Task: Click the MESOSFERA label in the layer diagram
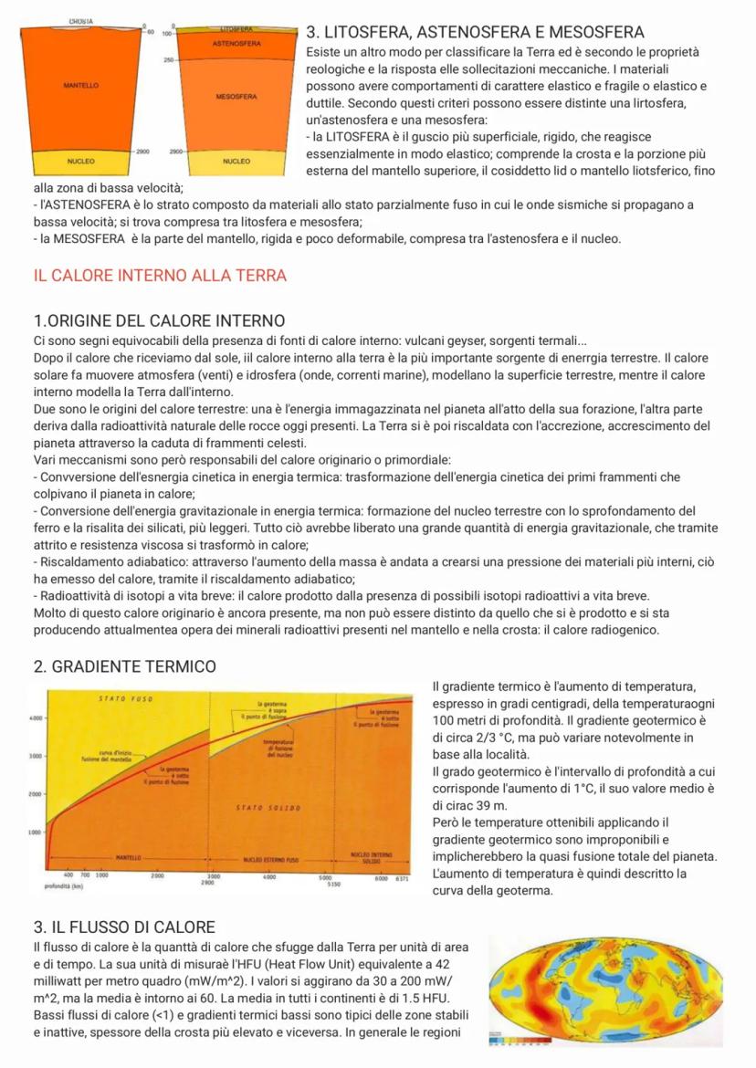tap(236, 95)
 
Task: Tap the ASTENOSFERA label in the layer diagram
tap(236, 44)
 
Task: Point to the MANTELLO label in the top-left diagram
tap(81, 85)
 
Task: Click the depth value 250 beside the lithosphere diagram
tap(169, 60)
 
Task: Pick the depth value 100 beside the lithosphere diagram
tap(167, 32)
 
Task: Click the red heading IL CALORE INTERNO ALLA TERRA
tap(160, 275)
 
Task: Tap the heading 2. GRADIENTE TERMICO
tap(125, 666)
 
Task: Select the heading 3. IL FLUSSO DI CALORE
tap(124, 927)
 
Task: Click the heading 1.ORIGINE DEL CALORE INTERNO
tap(159, 320)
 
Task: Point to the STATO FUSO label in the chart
tap(124, 699)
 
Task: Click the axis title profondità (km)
tap(63, 885)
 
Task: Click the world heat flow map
tap(604, 990)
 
